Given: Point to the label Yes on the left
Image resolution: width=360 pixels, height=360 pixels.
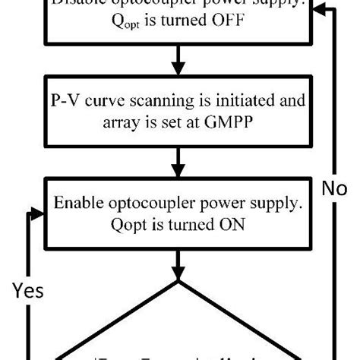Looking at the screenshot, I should point(27,290).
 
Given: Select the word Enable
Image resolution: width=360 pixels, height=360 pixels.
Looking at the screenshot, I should point(79,204).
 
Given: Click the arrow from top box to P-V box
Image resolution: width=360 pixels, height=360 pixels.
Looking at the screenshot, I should point(180,61).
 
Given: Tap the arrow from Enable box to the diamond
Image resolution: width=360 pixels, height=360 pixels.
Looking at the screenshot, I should point(180,264).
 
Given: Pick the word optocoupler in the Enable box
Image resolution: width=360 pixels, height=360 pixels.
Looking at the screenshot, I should point(147,204).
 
